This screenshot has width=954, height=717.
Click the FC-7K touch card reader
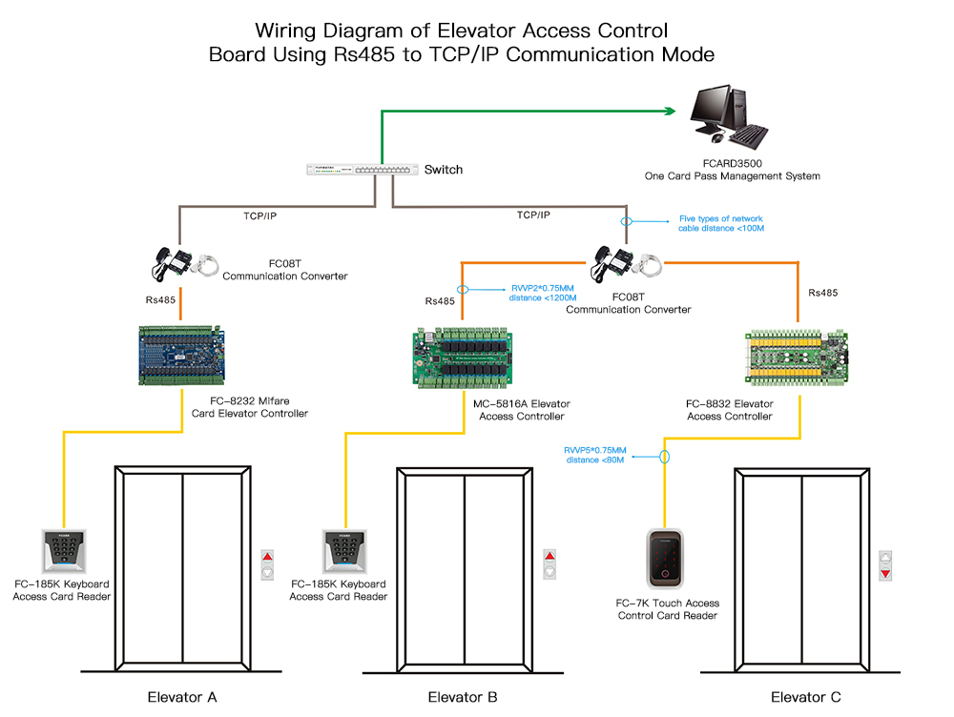pos(667,559)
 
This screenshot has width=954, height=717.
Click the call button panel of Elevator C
pos(885,564)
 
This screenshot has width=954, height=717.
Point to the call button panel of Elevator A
pos(267,564)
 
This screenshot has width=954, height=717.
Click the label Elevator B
pos(463,697)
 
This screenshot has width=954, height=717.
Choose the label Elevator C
pos(806,697)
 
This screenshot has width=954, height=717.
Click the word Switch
pos(444,170)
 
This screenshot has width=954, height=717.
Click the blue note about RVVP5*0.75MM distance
pos(595,454)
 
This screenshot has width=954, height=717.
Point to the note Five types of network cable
pos(721,223)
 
